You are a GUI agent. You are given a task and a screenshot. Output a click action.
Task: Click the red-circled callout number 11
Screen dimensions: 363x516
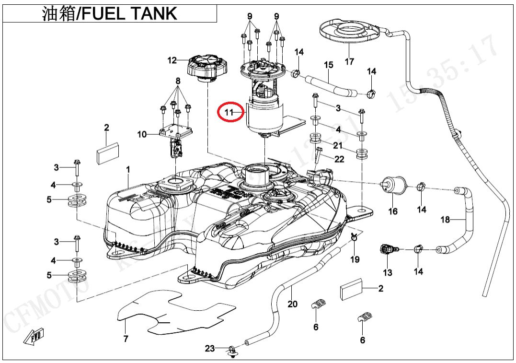click(x=229, y=113)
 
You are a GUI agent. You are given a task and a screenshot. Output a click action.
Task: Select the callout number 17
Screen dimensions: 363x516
click(x=349, y=61)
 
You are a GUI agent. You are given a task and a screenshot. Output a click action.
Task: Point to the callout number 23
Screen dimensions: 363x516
click(x=210, y=349)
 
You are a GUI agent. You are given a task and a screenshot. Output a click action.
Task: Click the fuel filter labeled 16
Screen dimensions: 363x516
click(x=392, y=185)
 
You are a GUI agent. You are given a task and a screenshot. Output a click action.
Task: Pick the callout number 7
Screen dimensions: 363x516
click(x=126, y=339)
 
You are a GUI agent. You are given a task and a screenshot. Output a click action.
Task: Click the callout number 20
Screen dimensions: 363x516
click(x=292, y=304)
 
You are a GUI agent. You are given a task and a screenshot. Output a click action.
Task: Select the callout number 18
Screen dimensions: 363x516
click(x=446, y=220)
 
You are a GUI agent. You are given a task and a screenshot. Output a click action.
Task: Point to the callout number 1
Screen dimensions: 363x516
click(x=128, y=170)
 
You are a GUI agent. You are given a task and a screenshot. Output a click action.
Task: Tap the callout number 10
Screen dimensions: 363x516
click(x=142, y=135)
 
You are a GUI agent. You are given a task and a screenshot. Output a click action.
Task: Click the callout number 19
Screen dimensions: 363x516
click(x=355, y=259)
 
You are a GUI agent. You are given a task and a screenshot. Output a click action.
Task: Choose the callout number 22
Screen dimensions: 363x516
click(x=339, y=159)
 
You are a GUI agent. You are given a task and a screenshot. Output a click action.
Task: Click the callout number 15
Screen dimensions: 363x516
click(x=328, y=65)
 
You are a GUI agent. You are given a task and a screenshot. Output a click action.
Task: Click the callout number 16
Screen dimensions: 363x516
click(x=392, y=211)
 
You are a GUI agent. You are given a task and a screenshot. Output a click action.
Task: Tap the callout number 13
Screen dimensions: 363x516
click(x=388, y=272)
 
